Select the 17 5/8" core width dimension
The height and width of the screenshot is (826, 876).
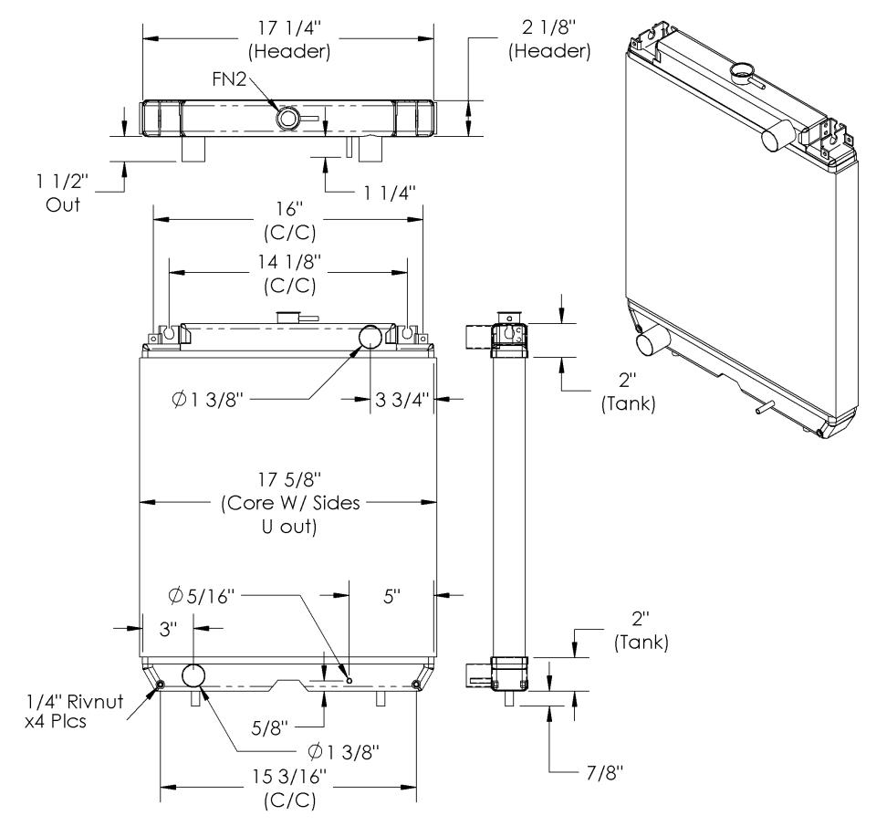coord(287,502)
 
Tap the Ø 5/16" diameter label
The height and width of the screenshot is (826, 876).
coord(202,595)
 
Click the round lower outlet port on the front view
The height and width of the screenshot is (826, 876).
coord(195,676)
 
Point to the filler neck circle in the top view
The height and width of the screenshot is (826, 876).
coord(288,118)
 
